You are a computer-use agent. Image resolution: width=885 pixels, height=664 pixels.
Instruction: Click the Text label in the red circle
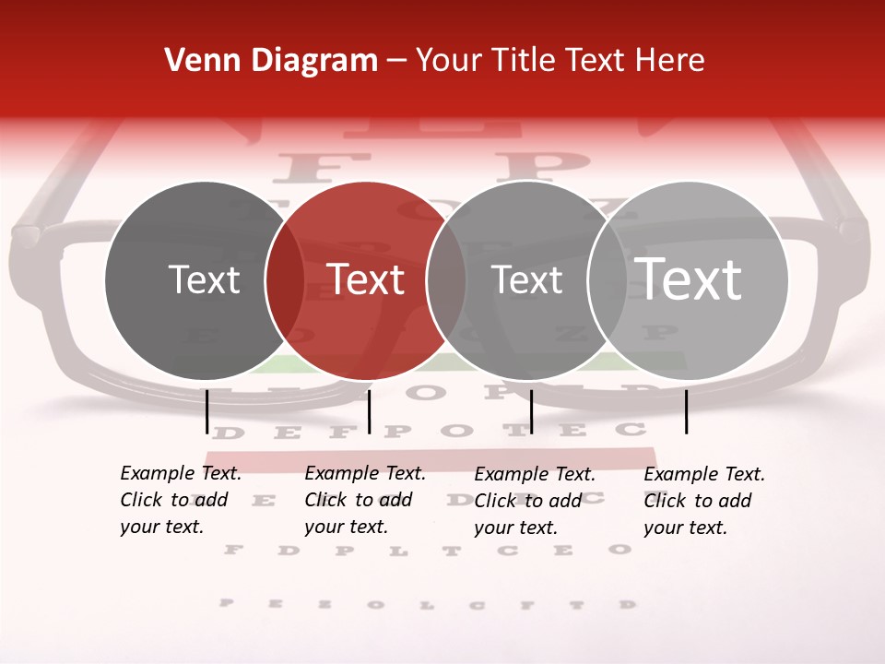pos(366,279)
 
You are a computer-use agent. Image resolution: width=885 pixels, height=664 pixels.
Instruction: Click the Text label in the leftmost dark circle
pos(204,280)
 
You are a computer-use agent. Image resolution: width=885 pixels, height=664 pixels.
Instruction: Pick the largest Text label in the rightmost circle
pos(689,279)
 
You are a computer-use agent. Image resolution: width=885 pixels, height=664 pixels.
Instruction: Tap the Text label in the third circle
pos(527,280)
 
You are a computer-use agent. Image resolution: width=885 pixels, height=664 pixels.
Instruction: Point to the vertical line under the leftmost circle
pos(207,411)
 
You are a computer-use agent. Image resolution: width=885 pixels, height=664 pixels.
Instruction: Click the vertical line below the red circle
pos(369,411)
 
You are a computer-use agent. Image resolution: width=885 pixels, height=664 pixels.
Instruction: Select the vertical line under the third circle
pos(532,411)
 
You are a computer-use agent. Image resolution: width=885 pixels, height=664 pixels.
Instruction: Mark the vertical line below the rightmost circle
pos(687,411)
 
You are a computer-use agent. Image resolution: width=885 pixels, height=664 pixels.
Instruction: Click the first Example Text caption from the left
pos(180,500)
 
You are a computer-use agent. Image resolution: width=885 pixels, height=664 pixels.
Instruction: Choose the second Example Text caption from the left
pos(364,500)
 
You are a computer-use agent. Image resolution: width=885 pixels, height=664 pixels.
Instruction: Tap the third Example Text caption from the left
pos(534,501)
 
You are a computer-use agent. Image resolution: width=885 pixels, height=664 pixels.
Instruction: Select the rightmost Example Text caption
pos(703,501)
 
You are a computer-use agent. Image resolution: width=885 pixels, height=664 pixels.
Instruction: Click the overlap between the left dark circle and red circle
pos(285,280)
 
